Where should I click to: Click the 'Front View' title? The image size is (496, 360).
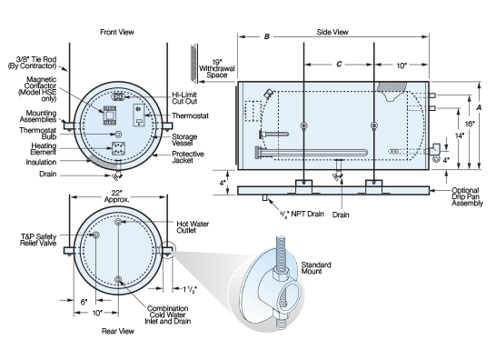(x=117, y=32)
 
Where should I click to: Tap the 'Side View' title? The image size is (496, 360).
(x=332, y=32)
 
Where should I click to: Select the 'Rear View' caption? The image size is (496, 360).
(x=118, y=331)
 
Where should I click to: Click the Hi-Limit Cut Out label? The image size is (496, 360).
(x=184, y=98)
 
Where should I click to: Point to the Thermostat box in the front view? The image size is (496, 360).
(x=139, y=115)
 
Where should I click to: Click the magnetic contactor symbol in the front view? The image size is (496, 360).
(x=109, y=115)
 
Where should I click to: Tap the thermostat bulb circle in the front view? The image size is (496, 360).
(x=118, y=135)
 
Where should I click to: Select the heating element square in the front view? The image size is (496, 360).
(x=118, y=148)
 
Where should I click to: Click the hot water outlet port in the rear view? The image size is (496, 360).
(x=118, y=222)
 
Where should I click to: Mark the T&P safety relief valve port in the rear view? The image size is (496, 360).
(x=96, y=235)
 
